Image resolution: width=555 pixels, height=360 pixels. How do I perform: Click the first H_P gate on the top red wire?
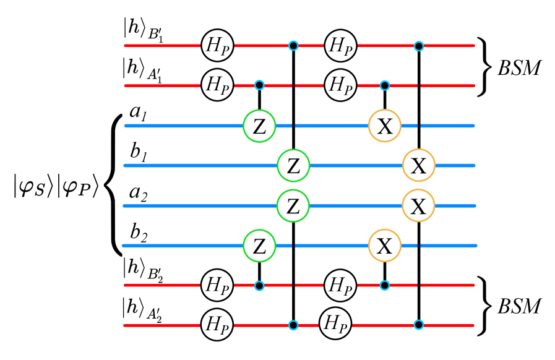pyautogui.click(x=217, y=46)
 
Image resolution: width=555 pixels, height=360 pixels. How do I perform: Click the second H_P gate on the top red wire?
pyautogui.click(x=340, y=46)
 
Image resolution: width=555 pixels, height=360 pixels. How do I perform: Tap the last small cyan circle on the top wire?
pyautogui.click(x=419, y=46)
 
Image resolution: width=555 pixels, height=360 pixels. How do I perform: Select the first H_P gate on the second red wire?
pyautogui.click(x=217, y=85)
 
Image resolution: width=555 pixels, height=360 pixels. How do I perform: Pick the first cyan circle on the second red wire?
pyautogui.click(x=259, y=85)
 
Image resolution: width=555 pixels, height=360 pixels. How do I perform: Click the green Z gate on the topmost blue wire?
pyautogui.click(x=259, y=126)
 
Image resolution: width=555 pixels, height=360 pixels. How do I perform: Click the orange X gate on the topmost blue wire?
pyautogui.click(x=385, y=126)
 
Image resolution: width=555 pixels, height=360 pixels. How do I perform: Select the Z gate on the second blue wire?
pyautogui.click(x=293, y=166)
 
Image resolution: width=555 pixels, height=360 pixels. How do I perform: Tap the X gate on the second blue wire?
pyautogui.click(x=419, y=166)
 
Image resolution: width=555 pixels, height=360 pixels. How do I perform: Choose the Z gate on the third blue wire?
pyautogui.click(x=293, y=206)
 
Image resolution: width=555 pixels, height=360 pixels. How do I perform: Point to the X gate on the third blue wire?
pyautogui.click(x=419, y=206)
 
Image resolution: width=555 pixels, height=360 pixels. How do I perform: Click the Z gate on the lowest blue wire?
pyautogui.click(x=259, y=246)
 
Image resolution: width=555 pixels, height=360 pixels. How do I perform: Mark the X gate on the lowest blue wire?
pyautogui.click(x=385, y=246)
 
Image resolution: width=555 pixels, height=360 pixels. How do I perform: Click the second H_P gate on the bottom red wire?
pyautogui.click(x=335, y=324)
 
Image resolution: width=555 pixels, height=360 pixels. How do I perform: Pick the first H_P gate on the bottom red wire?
pyautogui.click(x=217, y=324)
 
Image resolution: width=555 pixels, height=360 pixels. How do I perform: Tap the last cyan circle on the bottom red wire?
pyautogui.click(x=419, y=325)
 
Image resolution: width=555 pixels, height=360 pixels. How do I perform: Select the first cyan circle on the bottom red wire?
pyautogui.click(x=293, y=325)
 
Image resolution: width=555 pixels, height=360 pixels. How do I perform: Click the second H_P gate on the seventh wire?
pyautogui.click(x=340, y=285)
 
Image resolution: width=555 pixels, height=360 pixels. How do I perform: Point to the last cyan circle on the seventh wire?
pyautogui.click(x=385, y=285)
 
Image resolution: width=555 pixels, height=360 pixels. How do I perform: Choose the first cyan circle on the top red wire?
pyautogui.click(x=293, y=46)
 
